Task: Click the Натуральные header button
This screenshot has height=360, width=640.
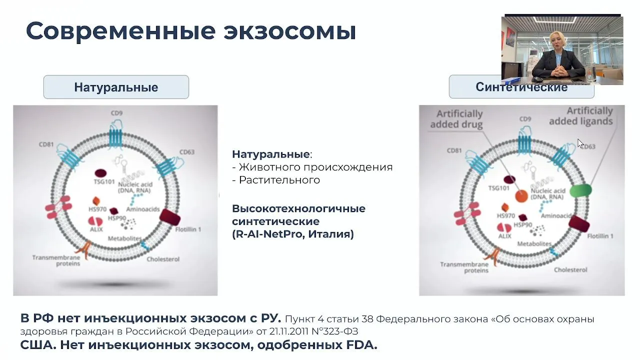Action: (x=116, y=87)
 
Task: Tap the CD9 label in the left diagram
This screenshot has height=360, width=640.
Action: (x=116, y=113)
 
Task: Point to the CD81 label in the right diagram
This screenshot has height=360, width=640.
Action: (x=454, y=150)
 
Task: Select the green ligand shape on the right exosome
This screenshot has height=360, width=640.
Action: (x=580, y=190)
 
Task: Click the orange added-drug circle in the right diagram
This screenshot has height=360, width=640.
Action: (x=521, y=196)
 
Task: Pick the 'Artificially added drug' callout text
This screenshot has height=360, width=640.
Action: (x=456, y=119)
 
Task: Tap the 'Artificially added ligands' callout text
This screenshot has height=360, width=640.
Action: (x=581, y=116)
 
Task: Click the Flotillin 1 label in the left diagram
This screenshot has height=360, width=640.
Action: (x=188, y=229)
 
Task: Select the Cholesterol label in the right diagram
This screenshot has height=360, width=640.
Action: (x=570, y=269)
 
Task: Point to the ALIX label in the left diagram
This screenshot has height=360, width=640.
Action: (x=96, y=229)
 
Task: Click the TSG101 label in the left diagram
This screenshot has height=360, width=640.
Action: (x=104, y=181)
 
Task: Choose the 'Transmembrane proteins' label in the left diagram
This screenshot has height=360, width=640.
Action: (x=56, y=260)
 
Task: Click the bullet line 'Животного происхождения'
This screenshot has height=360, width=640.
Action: (x=312, y=167)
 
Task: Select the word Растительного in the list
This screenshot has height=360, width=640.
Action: (x=279, y=180)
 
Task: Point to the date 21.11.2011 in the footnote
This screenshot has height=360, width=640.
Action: (x=289, y=331)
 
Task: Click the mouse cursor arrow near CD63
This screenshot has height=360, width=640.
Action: (x=580, y=143)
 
